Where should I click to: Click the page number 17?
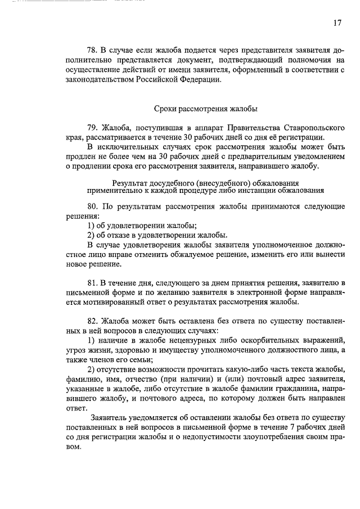click(336, 23)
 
